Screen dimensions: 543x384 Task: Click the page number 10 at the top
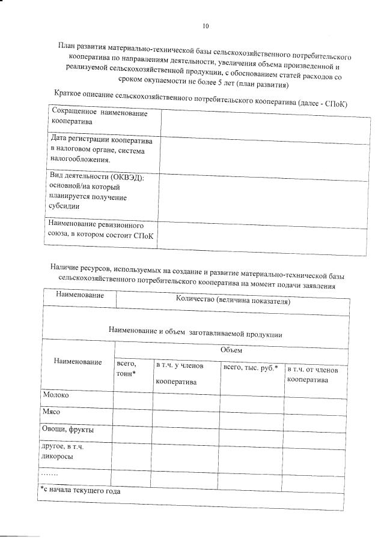tap(206, 26)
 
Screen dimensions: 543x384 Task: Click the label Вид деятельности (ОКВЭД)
tap(96, 191)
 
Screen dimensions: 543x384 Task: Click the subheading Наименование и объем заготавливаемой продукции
tap(195, 331)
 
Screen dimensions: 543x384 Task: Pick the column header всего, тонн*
tap(127, 368)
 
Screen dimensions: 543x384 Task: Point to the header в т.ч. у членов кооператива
tap(180, 373)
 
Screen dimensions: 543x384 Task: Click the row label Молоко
tap(56, 395)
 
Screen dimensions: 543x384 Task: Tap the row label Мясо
tap(52, 413)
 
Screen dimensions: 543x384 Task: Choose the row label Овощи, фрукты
tap(67, 430)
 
